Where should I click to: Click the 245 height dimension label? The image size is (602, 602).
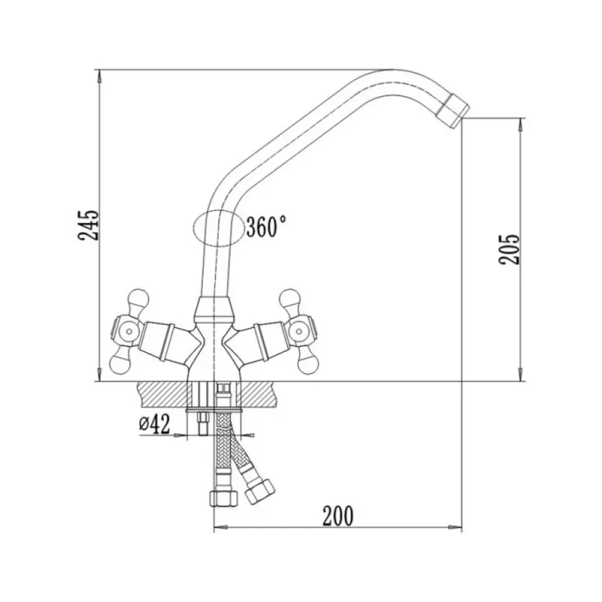point(88,225)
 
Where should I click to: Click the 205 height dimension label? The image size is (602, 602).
point(509,249)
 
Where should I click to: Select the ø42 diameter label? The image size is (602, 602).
point(154,424)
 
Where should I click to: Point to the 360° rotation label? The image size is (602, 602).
point(266,227)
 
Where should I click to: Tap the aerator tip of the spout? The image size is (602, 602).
point(453,110)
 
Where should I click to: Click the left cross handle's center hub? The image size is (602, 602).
point(128,331)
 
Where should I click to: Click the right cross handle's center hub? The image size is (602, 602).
point(298,331)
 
